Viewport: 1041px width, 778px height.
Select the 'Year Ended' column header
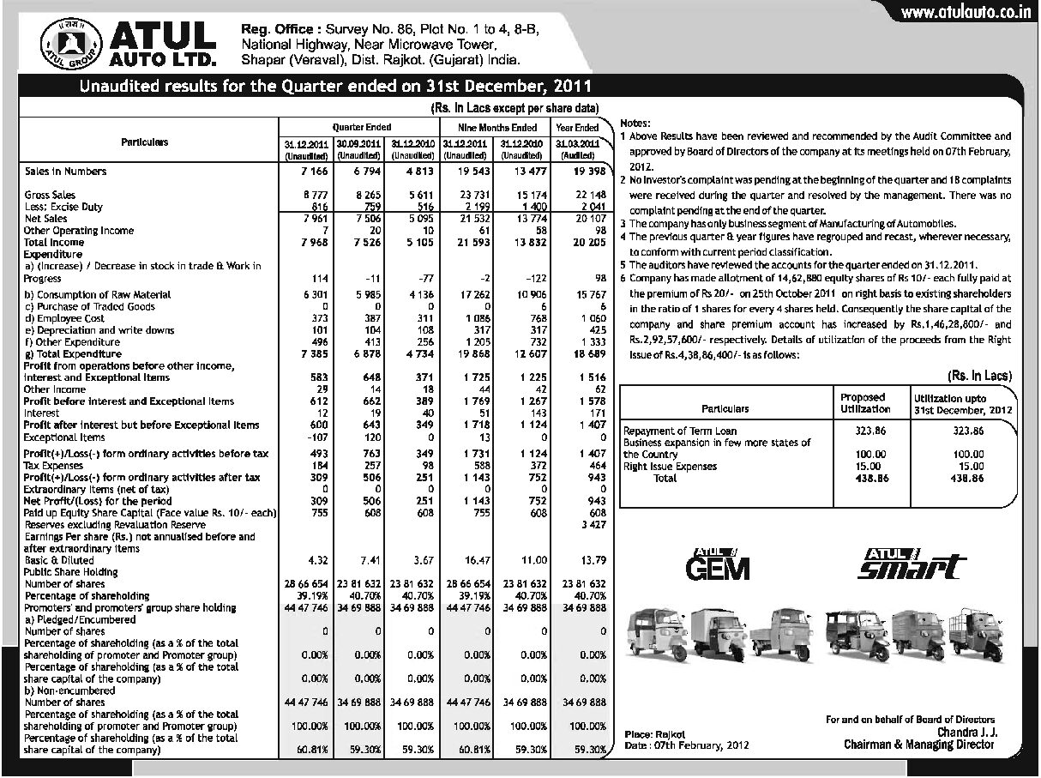(577, 128)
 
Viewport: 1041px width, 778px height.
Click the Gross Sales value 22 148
(589, 196)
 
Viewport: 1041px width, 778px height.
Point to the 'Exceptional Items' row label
(63, 437)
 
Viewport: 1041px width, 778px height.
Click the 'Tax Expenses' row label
(56, 465)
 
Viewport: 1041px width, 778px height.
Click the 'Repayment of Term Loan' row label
(680, 431)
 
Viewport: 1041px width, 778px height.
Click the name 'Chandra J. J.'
(966, 732)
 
